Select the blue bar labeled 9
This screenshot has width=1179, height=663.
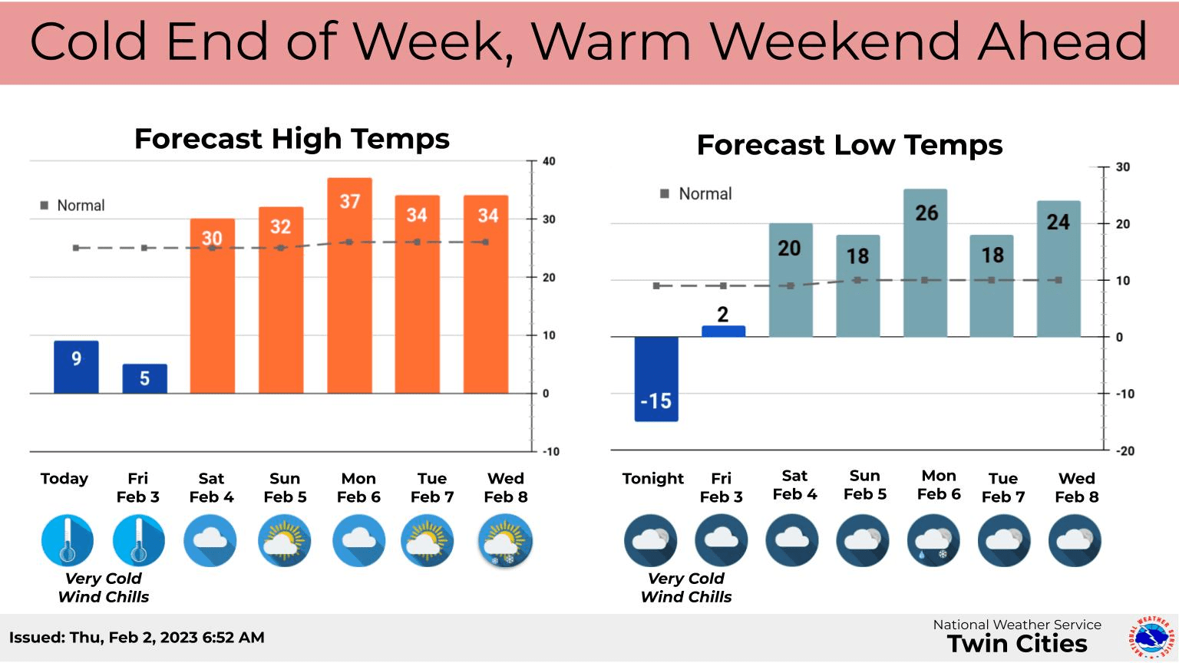point(76,367)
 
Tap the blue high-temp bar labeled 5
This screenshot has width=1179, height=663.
point(144,378)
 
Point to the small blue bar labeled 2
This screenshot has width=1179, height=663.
point(723,331)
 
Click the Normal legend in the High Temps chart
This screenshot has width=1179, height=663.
point(73,206)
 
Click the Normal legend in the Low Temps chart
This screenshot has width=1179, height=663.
point(696,194)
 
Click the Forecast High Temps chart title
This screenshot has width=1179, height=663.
point(292,139)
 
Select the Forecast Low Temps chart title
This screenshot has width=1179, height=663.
point(849,145)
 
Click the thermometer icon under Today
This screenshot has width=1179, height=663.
point(68,540)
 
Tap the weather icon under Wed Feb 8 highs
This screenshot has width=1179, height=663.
point(505,541)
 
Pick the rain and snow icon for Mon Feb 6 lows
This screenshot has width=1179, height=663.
point(933,541)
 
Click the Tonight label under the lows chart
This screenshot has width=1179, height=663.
point(652,479)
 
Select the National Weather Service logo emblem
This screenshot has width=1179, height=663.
point(1149,637)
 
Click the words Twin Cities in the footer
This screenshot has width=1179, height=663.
point(1017,644)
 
